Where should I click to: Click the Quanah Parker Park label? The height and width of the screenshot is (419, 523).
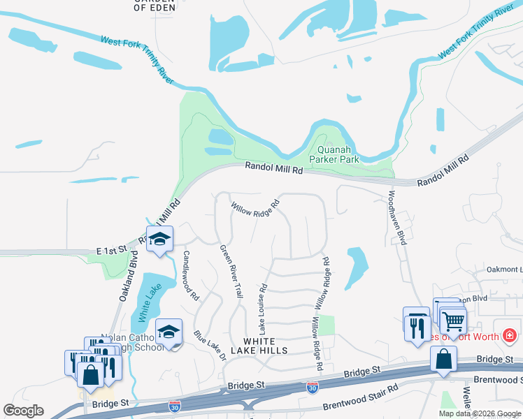click(338, 154)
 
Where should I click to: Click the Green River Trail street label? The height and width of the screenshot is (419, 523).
click(231, 272)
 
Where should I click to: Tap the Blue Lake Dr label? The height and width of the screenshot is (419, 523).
click(210, 345)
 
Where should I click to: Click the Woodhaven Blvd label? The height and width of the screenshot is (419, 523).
click(396, 217)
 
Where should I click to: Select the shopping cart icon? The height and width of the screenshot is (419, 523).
click(454, 321)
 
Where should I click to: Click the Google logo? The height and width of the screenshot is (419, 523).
click(24, 411)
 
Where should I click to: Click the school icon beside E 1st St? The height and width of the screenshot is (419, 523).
click(160, 239)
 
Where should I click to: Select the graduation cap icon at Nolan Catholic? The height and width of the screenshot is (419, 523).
click(169, 332)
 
